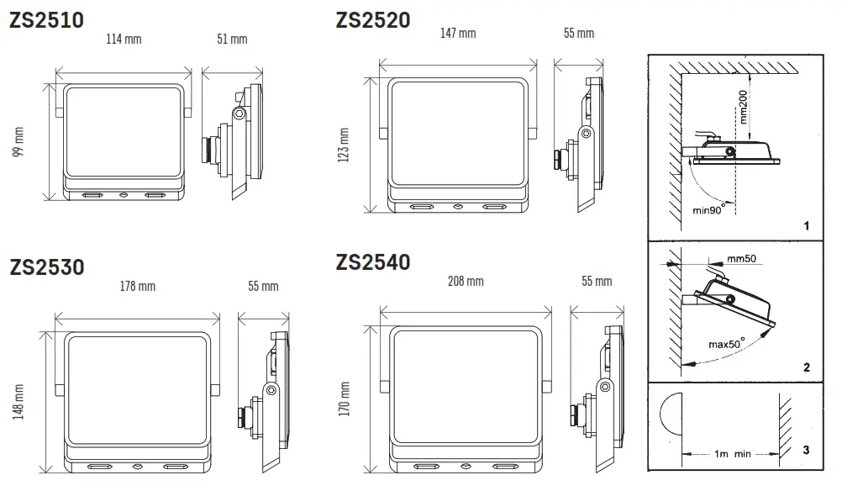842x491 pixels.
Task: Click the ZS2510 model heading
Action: (46, 19)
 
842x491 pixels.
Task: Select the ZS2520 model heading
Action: (373, 19)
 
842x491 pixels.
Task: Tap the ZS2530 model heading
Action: (46, 267)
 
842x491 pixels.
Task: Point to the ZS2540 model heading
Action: (373, 262)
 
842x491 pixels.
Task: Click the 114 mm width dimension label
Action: (124, 39)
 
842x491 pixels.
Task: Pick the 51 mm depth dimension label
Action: (232, 39)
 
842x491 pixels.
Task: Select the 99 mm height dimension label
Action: (18, 140)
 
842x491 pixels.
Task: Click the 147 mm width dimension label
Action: (458, 33)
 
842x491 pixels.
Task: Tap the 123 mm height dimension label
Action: (344, 145)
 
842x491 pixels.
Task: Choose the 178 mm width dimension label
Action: (138, 286)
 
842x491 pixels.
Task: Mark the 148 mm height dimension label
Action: (18, 402)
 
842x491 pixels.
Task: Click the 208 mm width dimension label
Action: (466, 281)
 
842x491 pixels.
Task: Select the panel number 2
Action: (806, 367)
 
